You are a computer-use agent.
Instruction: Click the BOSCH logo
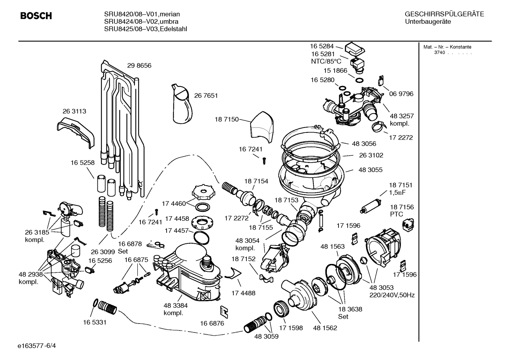36,16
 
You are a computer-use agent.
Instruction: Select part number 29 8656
139,66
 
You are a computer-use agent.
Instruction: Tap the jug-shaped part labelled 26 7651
183,105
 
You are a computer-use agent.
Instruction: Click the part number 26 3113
74,111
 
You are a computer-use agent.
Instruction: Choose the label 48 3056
364,144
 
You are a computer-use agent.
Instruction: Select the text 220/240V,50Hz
392,295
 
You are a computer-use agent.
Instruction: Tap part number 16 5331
95,322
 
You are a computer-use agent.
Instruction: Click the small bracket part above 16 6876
224,311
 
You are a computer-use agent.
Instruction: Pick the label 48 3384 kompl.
175,309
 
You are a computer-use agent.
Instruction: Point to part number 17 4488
243,293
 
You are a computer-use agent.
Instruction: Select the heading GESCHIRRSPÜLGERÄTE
444,14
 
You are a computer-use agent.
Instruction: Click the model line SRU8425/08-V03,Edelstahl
145,29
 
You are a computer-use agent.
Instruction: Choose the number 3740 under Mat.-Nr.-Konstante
439,53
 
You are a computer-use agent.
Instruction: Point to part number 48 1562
325,328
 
